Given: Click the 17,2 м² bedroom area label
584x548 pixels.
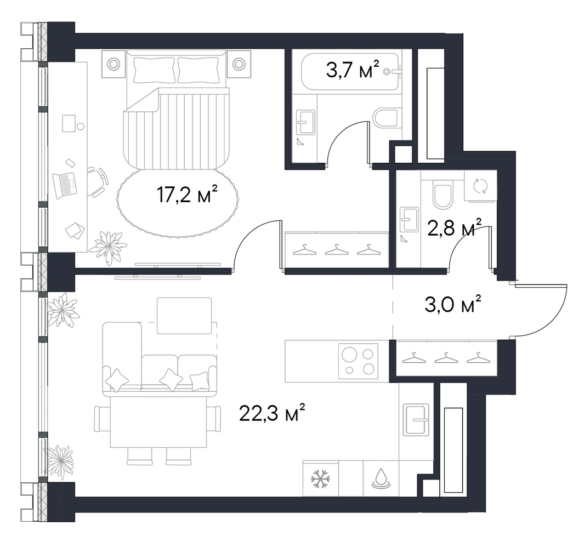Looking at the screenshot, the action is coord(188,195).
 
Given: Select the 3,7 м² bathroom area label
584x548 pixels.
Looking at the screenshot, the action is coord(353,70).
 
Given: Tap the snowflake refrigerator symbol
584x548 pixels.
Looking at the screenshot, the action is coord(321,479).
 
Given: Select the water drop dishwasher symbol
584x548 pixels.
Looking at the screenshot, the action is coord(381,479).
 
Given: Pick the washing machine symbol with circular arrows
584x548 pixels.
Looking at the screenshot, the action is coord(480,186).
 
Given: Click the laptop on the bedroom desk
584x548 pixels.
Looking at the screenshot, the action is coord(65,185).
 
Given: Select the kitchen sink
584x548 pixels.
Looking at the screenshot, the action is coord(416,420).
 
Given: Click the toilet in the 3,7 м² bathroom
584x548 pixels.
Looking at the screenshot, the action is coord(387,119).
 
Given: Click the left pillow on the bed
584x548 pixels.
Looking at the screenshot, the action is coord(154,70).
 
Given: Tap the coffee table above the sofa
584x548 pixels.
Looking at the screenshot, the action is coord(184,316).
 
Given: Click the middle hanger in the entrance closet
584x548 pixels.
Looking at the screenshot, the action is coord(446,358).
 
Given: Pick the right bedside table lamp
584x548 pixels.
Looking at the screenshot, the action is coord(239,64).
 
